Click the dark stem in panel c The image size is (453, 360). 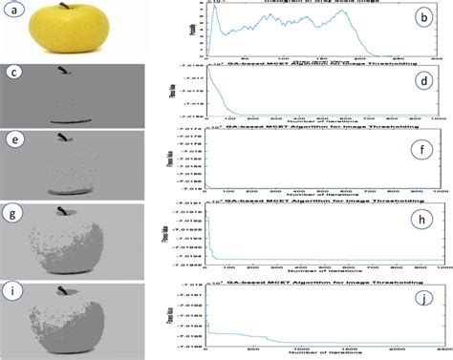click(63, 72)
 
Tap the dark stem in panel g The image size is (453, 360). click(65, 209)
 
